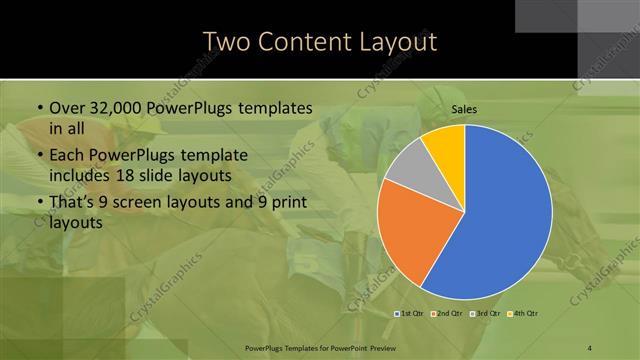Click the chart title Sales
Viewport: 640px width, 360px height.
tap(464, 110)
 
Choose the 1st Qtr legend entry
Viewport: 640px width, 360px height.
tap(410, 314)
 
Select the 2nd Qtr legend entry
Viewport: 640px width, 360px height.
tap(446, 314)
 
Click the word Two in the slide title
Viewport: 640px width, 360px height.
tap(227, 42)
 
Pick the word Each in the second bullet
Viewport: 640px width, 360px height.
tap(67, 156)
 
